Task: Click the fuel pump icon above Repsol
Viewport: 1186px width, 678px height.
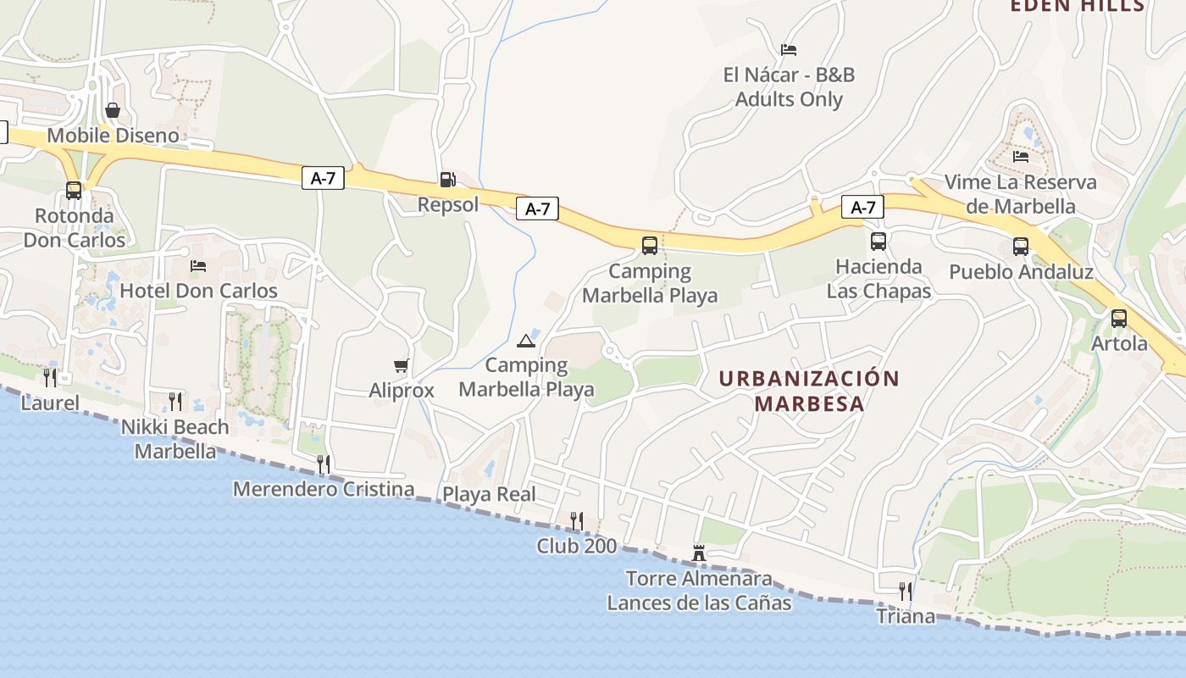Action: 447,179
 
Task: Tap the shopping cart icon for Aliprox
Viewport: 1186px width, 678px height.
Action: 402,365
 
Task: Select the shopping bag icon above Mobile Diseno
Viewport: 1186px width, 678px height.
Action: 113,110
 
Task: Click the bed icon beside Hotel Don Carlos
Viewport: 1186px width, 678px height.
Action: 198,266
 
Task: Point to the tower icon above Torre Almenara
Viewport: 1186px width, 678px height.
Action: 699,553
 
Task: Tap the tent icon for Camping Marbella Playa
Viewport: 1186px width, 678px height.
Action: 526,341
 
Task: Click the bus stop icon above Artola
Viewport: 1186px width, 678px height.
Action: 1119,319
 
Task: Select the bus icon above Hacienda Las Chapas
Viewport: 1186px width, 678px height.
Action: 878,242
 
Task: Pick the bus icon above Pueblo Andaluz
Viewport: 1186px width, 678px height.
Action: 1021,247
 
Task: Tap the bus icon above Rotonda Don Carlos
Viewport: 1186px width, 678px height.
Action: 74,191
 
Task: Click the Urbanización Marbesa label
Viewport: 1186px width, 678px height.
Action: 809,391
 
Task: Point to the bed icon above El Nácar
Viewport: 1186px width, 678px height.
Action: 789,50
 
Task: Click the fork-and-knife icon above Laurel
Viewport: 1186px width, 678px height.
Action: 50,377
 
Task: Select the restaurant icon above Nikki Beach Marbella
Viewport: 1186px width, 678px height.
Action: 175,401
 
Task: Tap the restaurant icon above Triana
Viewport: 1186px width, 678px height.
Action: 906,591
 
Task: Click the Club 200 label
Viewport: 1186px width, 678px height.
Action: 577,546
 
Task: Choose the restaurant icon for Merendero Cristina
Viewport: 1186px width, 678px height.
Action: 323,464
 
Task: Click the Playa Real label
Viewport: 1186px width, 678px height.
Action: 490,494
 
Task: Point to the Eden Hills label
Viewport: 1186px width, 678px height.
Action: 1078,6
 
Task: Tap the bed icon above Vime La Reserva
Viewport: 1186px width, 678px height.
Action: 1021,157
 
